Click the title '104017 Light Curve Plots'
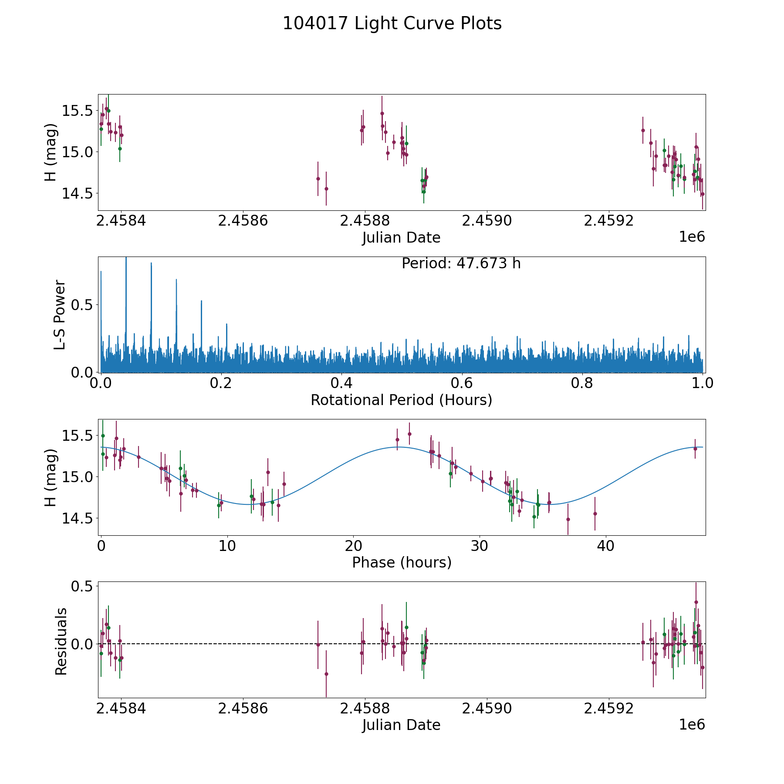[x=392, y=24]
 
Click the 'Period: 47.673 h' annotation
[x=461, y=264]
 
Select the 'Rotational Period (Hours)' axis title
[x=401, y=400]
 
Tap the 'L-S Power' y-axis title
[x=60, y=314]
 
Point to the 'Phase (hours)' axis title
[x=402, y=562]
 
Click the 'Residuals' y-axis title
[x=61, y=641]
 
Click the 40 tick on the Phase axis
[x=605, y=546]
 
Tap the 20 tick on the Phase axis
[x=353, y=546]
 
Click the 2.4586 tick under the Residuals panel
[x=243, y=709]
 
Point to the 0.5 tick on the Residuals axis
[x=83, y=586]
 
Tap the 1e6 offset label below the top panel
[x=692, y=237]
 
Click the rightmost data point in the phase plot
[x=695, y=449]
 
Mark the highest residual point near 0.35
[x=696, y=602]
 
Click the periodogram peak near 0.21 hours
[x=226, y=324]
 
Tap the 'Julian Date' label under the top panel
[x=401, y=238]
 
